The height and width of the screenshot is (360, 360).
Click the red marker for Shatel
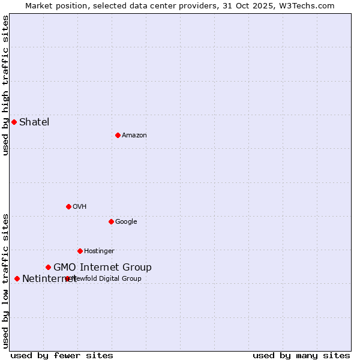(14, 122)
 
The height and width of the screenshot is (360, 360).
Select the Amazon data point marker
(118, 135)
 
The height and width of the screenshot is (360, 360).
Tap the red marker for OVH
(68, 206)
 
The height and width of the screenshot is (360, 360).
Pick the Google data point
(111, 221)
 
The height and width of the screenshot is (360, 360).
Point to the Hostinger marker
(80, 251)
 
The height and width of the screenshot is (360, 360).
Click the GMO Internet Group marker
(48, 267)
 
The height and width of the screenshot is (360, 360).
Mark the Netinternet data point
(17, 278)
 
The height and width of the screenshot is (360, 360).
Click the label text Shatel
(34, 122)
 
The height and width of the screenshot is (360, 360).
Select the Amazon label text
(134, 136)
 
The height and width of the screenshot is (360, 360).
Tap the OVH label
(80, 207)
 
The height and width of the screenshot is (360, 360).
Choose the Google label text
(126, 222)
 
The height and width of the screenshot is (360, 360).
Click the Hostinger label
(99, 251)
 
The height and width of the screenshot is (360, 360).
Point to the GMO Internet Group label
(103, 268)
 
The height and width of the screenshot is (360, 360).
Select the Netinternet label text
(49, 279)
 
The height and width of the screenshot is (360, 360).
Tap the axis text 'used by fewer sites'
(62, 356)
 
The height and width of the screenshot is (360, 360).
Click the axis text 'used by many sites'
(301, 356)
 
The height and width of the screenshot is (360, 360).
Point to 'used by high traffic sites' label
(6, 86)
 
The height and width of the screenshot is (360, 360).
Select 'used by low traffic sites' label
(6, 281)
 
